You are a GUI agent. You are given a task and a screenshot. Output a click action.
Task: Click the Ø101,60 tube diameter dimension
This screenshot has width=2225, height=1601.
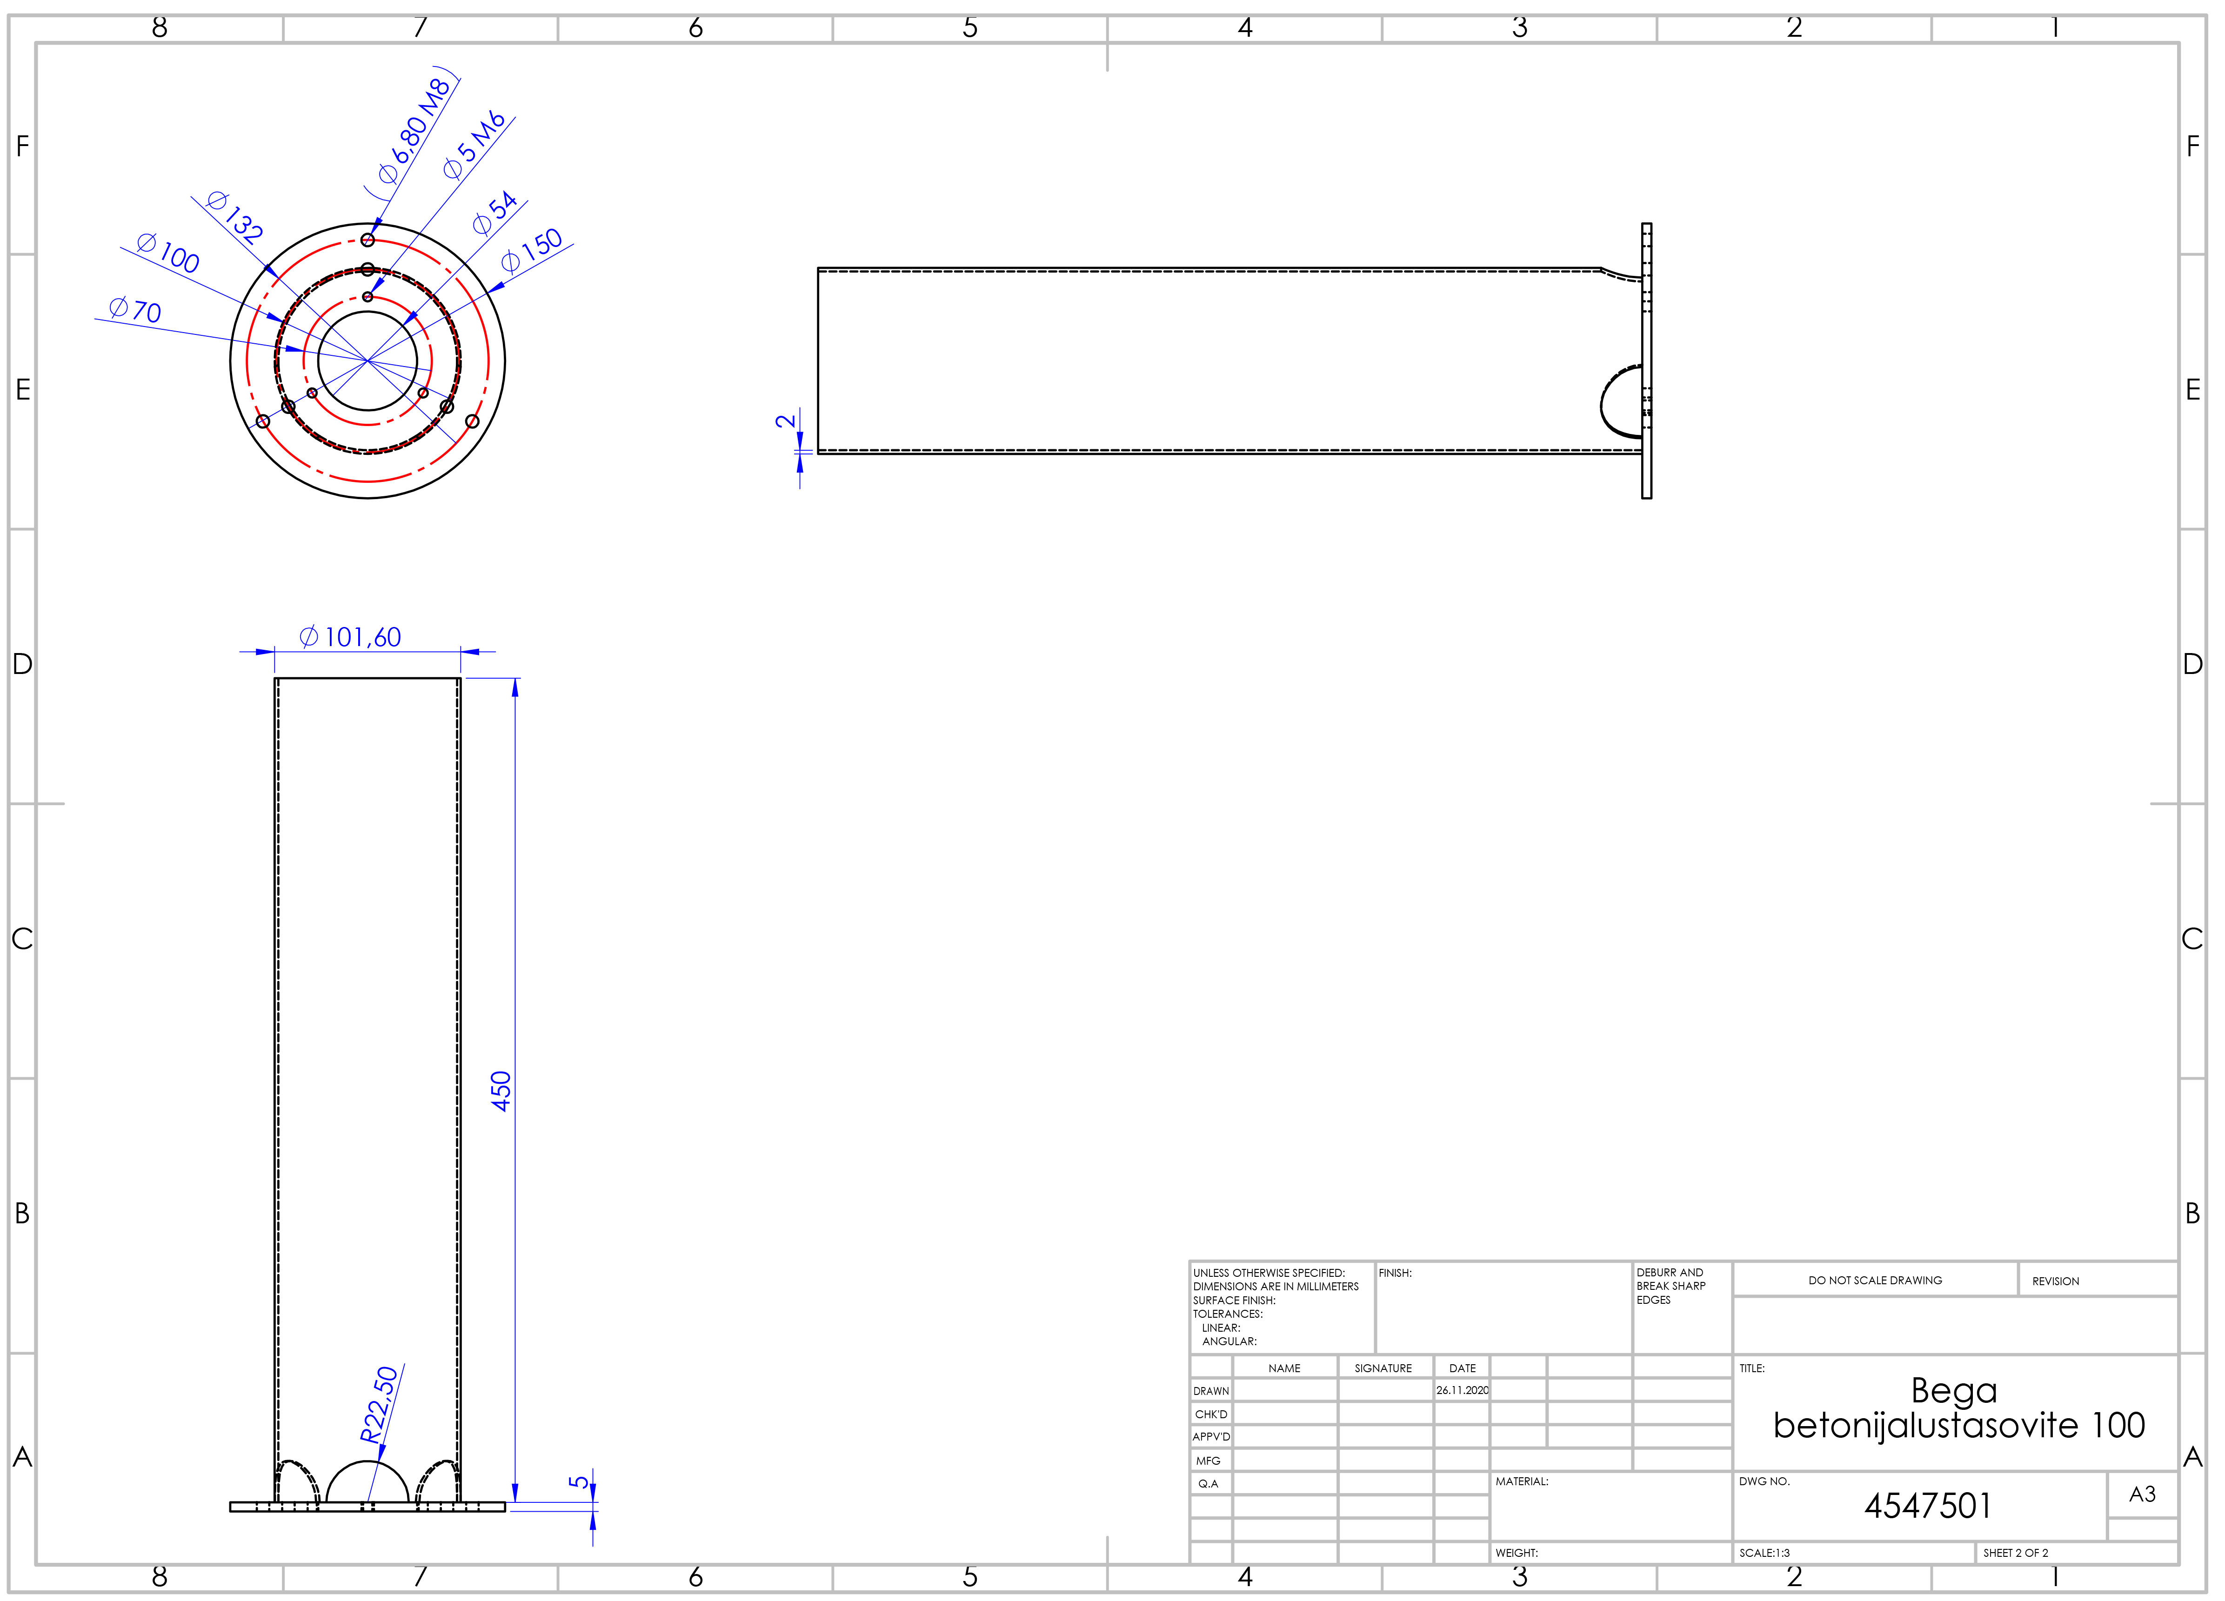[x=350, y=638]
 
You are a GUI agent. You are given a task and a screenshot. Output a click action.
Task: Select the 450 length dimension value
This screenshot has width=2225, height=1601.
[x=501, y=1091]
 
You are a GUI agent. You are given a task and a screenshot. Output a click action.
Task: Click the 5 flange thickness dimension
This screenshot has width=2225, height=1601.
[x=580, y=1481]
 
